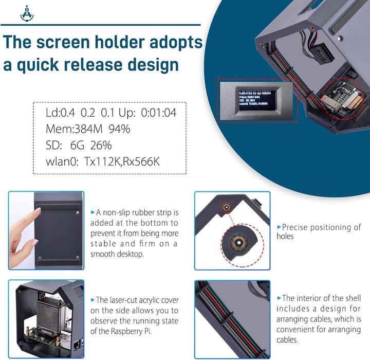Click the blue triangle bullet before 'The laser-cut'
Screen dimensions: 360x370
(x=92, y=300)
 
